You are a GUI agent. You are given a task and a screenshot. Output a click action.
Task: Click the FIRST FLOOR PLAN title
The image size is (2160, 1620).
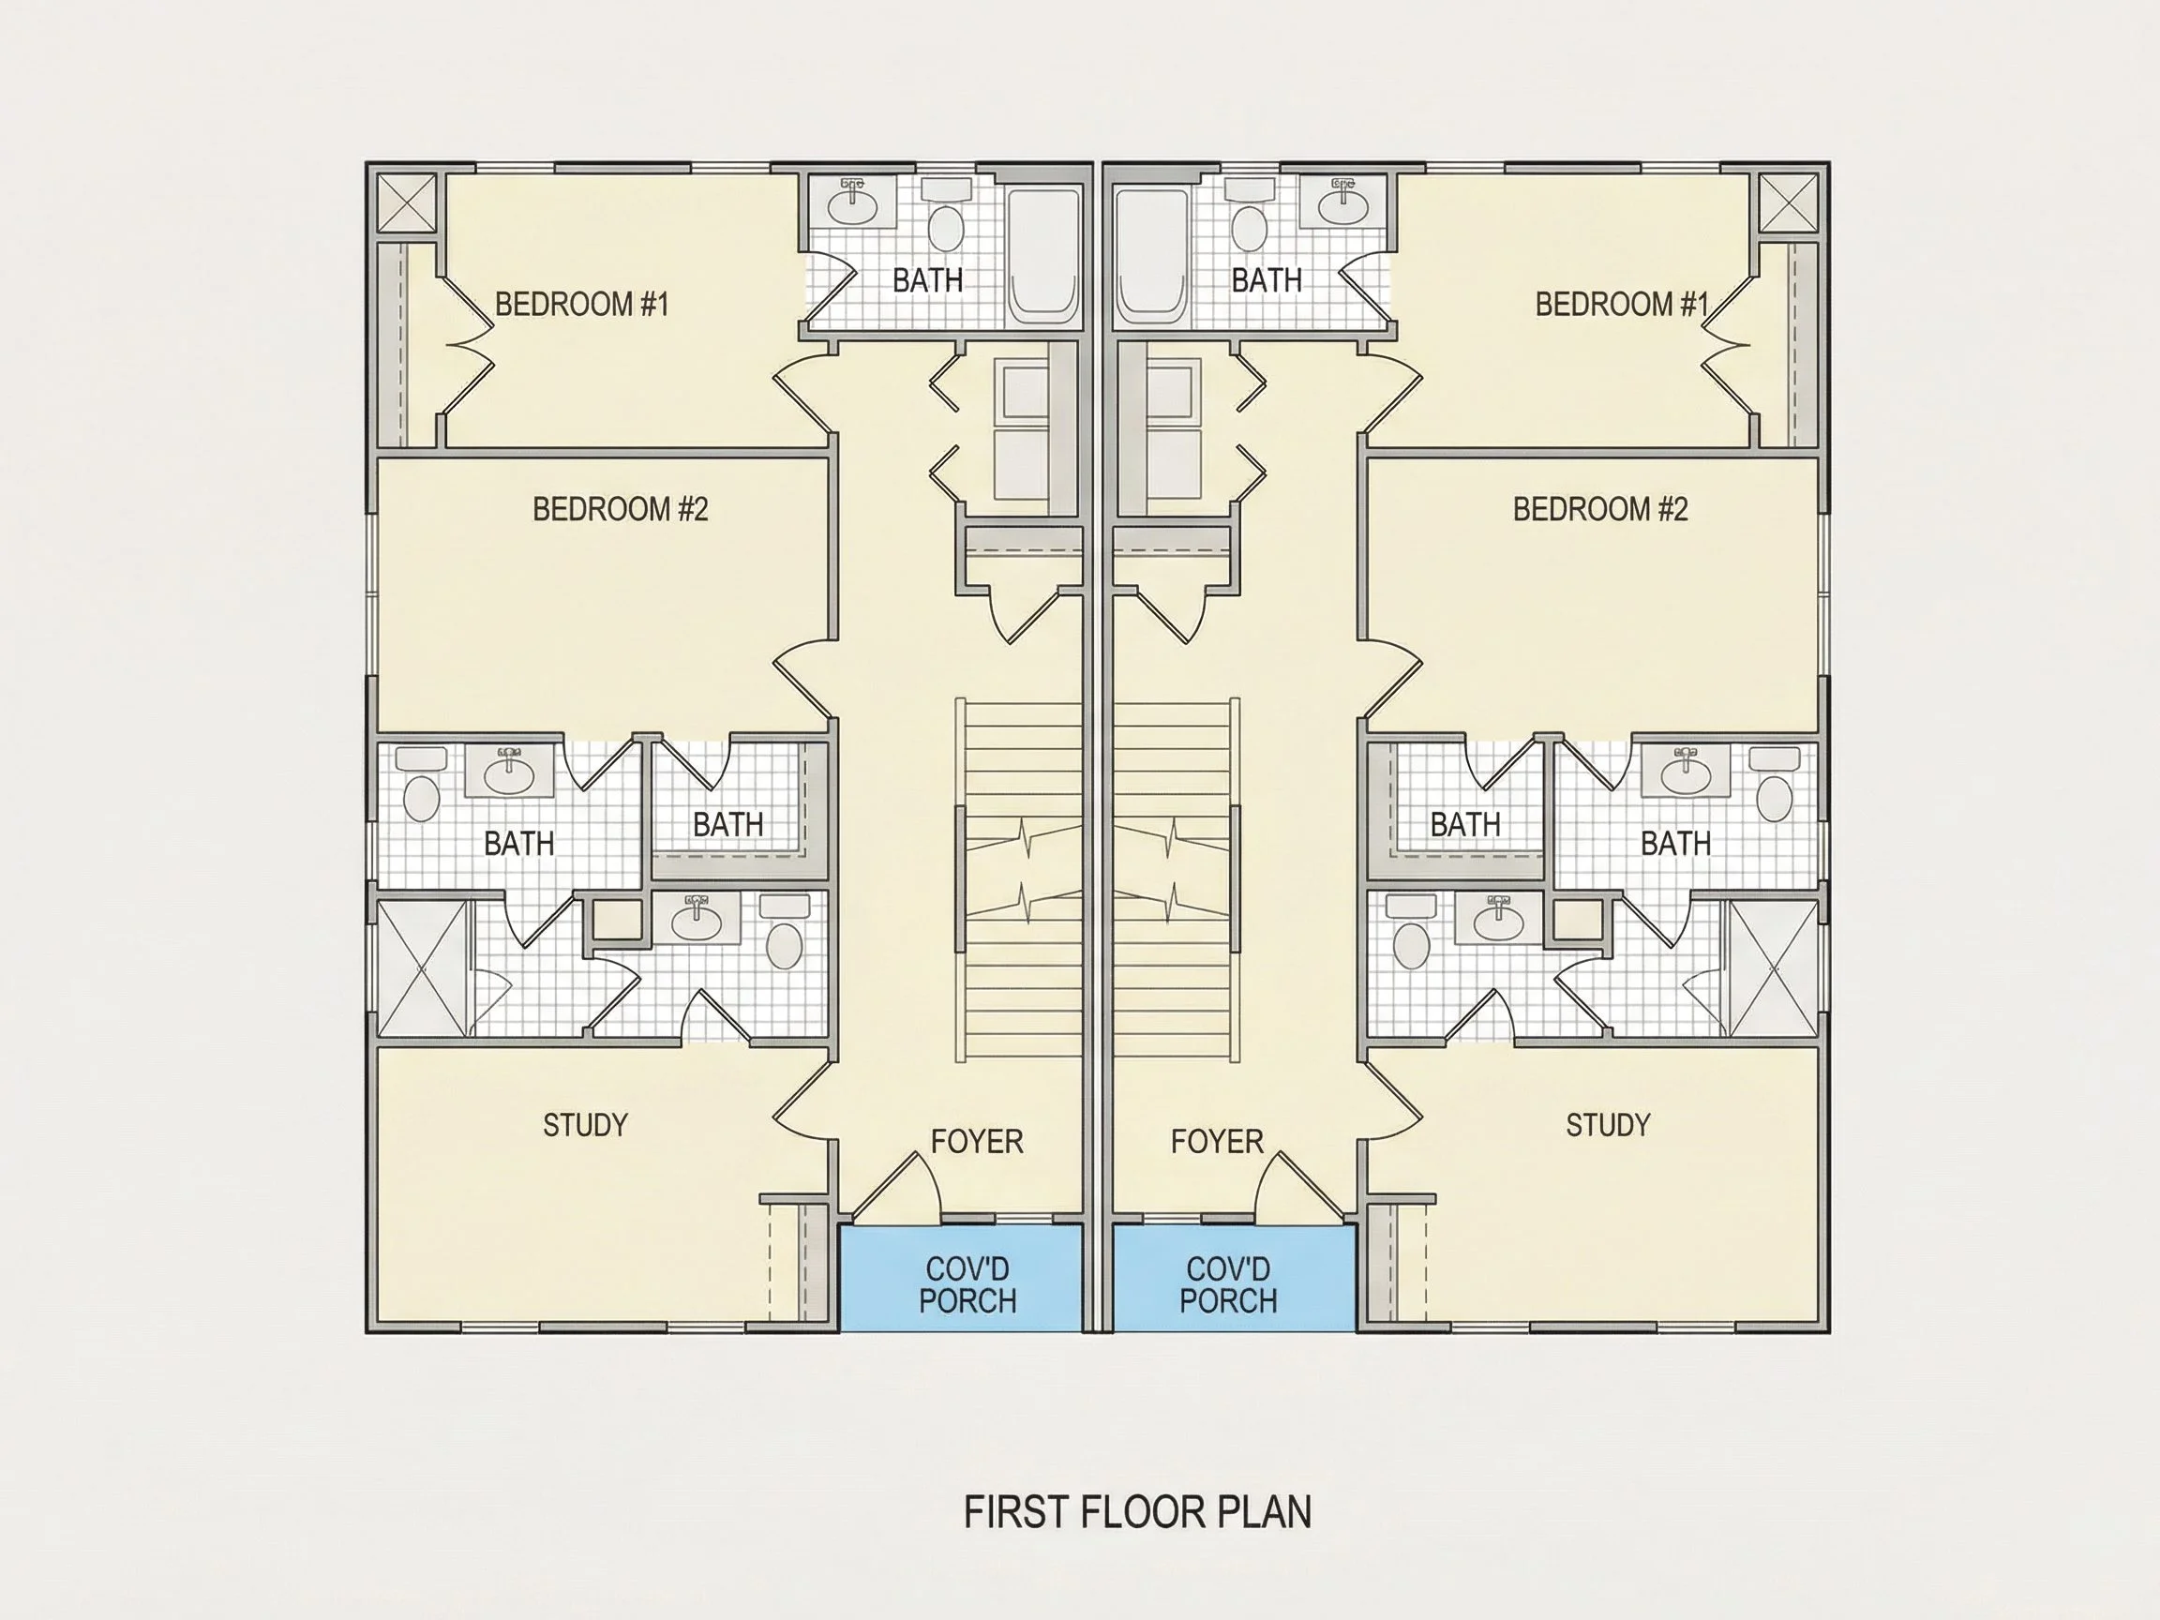(1137, 1512)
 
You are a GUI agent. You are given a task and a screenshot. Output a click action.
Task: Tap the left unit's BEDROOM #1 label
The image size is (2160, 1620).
(582, 305)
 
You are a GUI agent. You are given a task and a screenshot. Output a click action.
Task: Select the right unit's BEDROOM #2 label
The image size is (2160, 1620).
(1600, 509)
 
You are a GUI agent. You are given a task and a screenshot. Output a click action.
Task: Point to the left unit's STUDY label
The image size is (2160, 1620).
(585, 1125)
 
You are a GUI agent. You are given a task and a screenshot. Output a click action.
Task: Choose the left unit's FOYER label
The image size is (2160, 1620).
(977, 1142)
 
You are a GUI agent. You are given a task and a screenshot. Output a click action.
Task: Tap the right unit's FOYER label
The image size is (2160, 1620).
(1217, 1142)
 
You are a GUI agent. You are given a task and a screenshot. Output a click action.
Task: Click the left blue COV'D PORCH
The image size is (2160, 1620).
(961, 1277)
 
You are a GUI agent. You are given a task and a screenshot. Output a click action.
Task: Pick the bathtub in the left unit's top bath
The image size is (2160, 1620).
(1043, 256)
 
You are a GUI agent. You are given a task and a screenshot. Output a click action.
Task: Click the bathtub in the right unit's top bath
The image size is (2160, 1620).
(1152, 256)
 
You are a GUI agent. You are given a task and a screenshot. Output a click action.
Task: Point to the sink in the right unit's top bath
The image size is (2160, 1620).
(1342, 202)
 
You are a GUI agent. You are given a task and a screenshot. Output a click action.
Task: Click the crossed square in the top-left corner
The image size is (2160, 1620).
(406, 203)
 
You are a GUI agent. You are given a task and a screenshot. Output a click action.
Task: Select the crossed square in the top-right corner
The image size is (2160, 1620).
(1789, 203)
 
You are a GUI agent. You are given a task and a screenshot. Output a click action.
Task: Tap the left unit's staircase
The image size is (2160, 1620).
(1018, 878)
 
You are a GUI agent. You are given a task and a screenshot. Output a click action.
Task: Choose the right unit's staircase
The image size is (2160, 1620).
(1177, 878)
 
